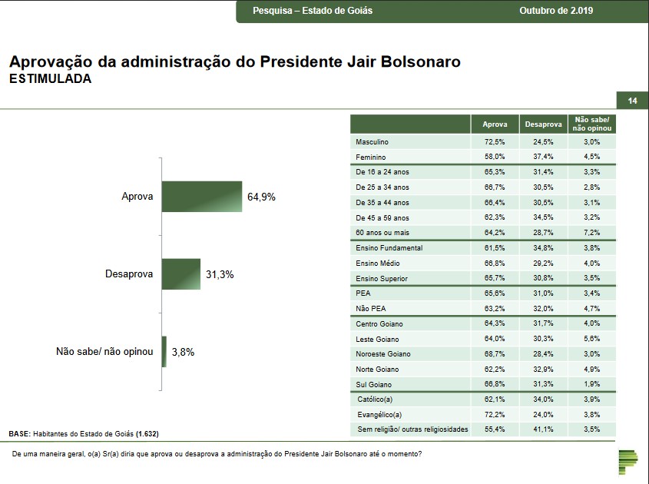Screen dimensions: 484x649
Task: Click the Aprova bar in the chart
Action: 202,196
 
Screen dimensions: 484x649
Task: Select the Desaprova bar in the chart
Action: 181,273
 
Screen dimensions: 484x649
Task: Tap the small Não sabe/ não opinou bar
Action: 164,351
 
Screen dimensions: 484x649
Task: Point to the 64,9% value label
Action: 261,197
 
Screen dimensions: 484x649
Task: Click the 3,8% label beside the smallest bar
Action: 183,352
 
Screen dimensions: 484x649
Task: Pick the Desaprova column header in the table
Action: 542,124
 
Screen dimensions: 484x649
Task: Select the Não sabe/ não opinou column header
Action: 591,124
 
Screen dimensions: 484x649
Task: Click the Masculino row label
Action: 373,142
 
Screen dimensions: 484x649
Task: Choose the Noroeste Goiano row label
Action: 383,354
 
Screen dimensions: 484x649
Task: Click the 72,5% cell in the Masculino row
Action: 495,142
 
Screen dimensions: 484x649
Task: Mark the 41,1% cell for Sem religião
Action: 542,429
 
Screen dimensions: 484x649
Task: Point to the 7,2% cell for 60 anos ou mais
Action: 591,233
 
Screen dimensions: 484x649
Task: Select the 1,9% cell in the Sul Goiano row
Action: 591,384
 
